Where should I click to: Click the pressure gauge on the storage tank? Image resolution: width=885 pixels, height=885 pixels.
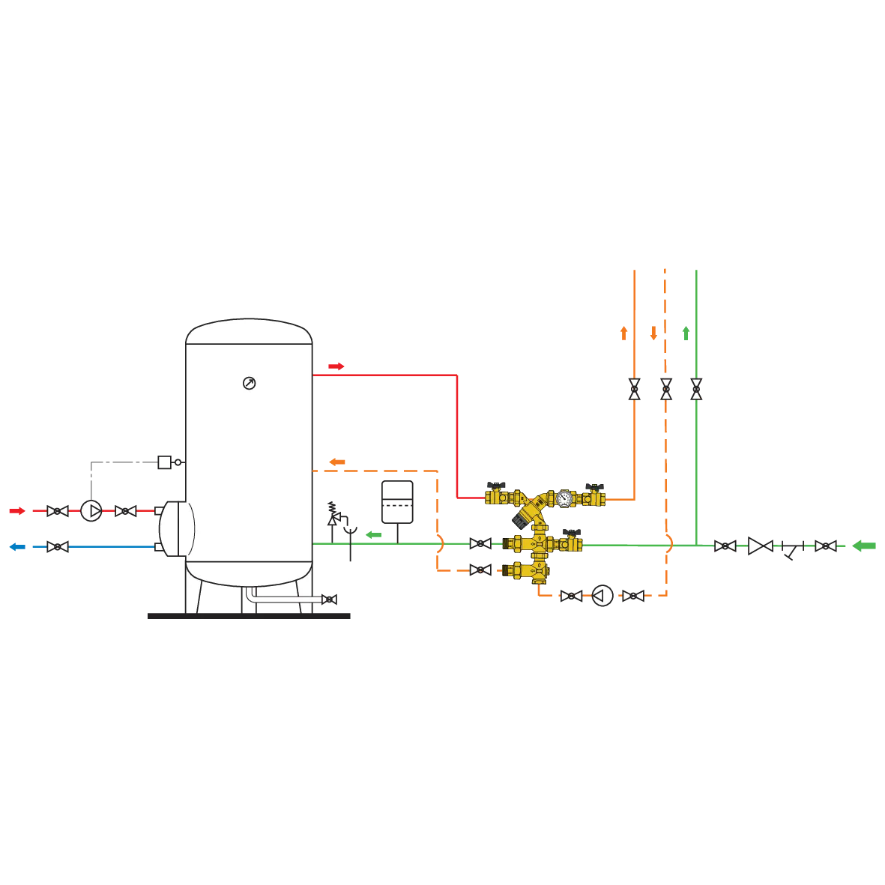(249, 384)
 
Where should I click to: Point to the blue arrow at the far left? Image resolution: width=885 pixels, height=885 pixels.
(16, 546)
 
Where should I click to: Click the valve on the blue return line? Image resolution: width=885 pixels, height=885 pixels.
(57, 546)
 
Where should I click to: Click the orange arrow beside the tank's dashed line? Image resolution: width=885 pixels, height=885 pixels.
(337, 461)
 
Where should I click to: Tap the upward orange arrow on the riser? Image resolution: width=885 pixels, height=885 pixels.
(623, 332)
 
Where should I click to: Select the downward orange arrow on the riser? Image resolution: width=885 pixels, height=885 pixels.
(653, 332)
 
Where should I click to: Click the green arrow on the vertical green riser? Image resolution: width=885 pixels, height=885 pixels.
(686, 333)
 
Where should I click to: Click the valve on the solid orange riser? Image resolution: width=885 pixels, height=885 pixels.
(635, 389)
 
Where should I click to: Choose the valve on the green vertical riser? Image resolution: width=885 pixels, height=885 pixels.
(697, 389)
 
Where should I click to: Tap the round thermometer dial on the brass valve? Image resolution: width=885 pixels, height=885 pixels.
(563, 497)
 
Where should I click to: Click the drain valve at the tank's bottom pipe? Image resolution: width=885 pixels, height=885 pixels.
(328, 599)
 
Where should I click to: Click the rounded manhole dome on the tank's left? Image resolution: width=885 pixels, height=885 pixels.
(178, 528)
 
